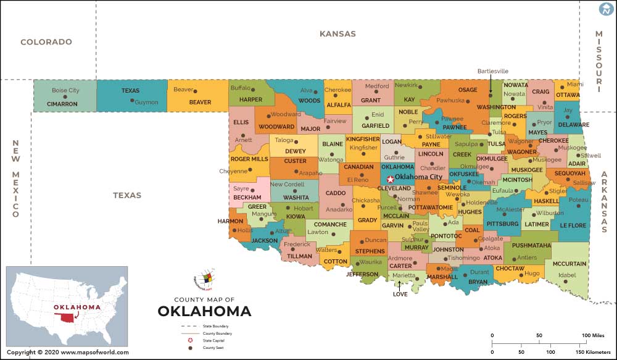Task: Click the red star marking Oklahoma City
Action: coord(390,179)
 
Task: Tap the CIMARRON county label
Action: coord(62,104)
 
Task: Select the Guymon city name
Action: coord(146,103)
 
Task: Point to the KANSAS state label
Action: coord(337,34)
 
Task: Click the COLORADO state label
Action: coord(46,42)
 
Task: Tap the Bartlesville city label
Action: coord(492,71)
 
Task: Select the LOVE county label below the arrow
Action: coord(400,294)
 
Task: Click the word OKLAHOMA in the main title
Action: coord(204,311)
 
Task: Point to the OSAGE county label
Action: coord(468,90)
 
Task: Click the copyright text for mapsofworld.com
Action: coord(68,353)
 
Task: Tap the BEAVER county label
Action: coord(200,102)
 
